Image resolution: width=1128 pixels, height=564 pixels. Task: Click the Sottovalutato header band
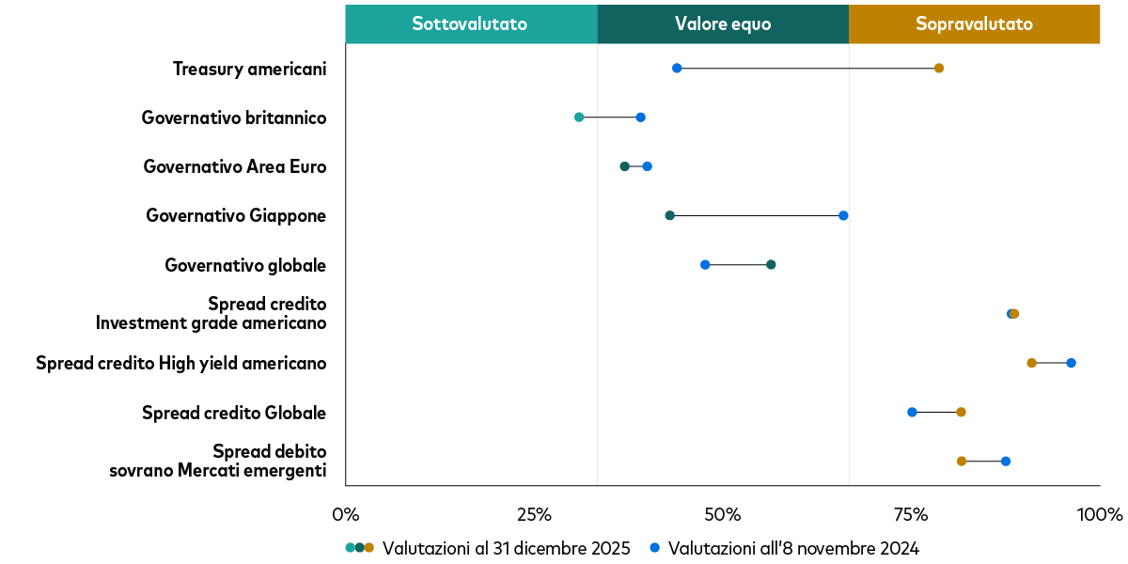470,24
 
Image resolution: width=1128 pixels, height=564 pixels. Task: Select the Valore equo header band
722,24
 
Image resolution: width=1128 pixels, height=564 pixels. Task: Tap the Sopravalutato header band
974,24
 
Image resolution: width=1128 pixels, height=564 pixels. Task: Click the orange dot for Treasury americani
938,68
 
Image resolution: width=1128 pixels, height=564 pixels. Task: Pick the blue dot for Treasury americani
677,68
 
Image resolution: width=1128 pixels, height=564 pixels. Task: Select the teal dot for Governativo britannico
579,117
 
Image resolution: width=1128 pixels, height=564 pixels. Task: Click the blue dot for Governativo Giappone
843,215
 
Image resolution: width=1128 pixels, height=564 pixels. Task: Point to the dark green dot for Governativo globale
771,264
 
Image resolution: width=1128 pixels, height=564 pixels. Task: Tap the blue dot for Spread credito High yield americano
1071,363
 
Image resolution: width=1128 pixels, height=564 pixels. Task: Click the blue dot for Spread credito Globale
912,412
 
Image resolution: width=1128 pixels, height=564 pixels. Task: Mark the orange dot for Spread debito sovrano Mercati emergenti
961,461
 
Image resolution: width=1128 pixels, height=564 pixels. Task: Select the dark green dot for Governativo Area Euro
624,166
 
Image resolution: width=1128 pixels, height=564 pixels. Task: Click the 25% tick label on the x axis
534,515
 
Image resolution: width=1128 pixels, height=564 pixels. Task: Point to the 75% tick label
910,515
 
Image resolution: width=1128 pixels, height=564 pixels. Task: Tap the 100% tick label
1099,515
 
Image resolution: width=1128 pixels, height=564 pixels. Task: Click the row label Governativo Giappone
236,215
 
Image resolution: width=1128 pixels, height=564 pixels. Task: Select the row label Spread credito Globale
234,413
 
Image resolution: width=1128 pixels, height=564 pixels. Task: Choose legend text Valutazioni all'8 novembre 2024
793,548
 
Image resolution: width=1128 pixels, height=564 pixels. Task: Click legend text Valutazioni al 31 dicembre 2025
507,548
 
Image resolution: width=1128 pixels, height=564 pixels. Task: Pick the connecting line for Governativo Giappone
757,215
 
